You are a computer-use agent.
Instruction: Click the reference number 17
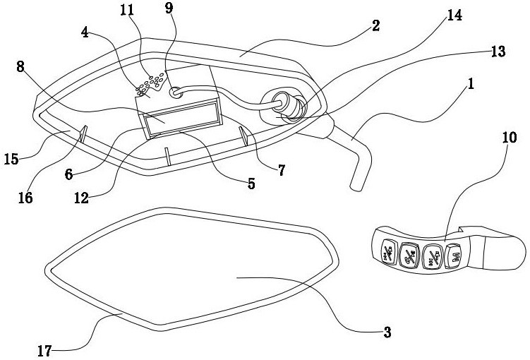tap(44, 351)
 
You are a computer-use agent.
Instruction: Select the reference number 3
tap(387, 332)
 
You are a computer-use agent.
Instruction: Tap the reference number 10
tap(510, 137)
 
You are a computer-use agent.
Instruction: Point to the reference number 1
tap(471, 84)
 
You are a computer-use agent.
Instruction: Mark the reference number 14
tap(454, 16)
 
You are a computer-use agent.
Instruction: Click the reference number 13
tap(498, 52)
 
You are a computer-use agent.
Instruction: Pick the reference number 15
tap(11, 159)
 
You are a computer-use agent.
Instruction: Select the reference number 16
tap(25, 198)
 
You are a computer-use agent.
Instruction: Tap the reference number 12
tap(81, 198)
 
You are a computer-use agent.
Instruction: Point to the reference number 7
tap(282, 170)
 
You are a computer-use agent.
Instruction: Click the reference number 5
tap(251, 184)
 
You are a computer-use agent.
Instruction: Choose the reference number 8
tap(20, 66)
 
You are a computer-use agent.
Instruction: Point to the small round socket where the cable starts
tap(176, 92)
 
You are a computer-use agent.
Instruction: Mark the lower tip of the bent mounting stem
tap(356, 187)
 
